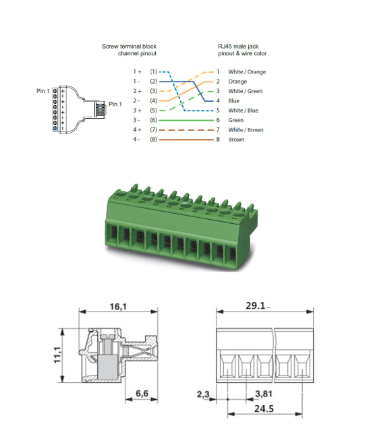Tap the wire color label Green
coord(235,120)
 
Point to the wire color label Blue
coord(234,100)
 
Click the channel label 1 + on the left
coord(137,71)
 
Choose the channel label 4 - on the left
coord(137,140)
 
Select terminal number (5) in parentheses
coord(153,110)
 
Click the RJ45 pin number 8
coord(218,140)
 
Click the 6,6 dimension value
coord(141,393)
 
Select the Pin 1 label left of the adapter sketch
coord(42,90)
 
